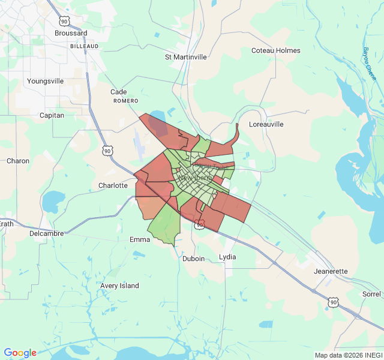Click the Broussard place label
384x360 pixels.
[71, 34]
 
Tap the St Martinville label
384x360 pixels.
[185, 57]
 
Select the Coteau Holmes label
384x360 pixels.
[275, 50]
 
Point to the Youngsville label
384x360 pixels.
[45, 80]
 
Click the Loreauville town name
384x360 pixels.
[266, 124]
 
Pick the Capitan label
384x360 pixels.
[52, 115]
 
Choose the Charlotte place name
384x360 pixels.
[113, 186]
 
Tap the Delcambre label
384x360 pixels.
[47, 233]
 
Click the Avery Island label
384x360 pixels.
[119, 286]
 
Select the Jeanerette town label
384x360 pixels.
[331, 271]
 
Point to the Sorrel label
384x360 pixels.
[371, 294]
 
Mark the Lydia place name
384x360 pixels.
[227, 257]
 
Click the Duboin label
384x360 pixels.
[193, 259]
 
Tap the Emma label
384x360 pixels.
[140, 239]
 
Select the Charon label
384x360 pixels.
[17, 161]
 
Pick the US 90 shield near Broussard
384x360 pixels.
[64, 22]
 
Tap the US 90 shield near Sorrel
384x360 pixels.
[333, 302]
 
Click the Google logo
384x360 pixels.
[20, 353]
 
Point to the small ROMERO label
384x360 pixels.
[126, 101]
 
